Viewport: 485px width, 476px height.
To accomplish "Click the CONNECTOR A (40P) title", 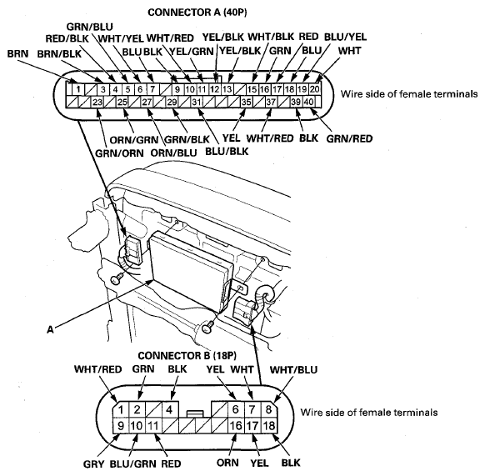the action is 197,13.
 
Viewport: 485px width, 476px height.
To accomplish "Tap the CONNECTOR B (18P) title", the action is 187,356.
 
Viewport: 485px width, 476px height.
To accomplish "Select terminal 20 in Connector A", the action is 314,89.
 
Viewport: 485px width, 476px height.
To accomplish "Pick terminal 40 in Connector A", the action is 308,102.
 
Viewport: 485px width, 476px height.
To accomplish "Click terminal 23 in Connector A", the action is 97,102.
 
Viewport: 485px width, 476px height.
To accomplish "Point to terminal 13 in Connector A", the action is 227,89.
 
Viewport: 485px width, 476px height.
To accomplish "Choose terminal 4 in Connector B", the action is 169,409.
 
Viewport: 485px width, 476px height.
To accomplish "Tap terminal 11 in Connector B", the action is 152,425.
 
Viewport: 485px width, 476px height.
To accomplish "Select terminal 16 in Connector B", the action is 236,425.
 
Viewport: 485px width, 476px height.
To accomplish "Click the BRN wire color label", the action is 17,53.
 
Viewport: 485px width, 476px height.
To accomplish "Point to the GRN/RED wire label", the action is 349,138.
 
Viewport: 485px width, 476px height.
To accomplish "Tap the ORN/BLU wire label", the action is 173,153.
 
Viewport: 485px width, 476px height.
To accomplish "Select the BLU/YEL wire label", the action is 345,37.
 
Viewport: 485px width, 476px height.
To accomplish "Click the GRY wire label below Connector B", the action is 93,464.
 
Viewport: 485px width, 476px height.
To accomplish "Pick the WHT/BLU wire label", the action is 293,369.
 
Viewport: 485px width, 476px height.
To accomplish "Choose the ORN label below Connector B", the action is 227,463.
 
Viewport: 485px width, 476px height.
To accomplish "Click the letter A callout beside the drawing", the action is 50,329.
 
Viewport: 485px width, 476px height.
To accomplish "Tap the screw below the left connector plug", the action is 116,278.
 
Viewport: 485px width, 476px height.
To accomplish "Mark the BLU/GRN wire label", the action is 133,464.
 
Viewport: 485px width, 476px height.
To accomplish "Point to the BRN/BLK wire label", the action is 59,54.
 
